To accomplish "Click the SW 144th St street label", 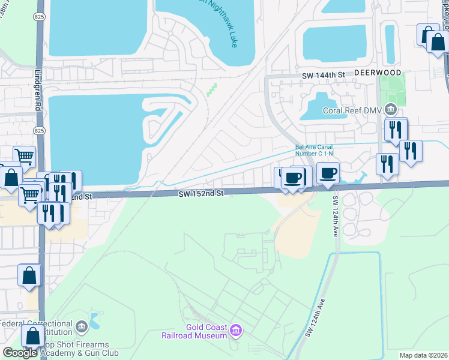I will click(x=325, y=74).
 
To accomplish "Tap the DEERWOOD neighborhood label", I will click(x=378, y=72).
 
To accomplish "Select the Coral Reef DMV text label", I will click(x=353, y=110).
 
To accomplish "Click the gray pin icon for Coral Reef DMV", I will click(x=391, y=109).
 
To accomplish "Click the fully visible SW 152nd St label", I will click(x=200, y=194).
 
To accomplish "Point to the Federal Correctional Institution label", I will click(x=36, y=328).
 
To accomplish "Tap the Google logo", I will click(x=20, y=353).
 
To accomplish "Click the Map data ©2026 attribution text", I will click(x=423, y=355).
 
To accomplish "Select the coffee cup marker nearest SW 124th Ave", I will click(x=328, y=173).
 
